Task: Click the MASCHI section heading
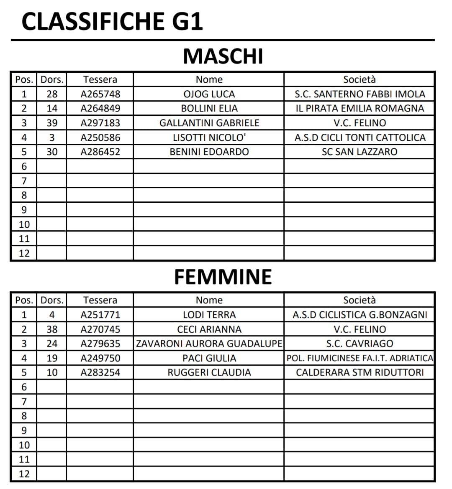(x=223, y=56)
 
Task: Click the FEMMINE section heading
(x=223, y=277)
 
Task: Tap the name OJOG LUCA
(x=209, y=94)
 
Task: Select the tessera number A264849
(x=100, y=108)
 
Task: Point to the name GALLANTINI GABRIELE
(x=209, y=123)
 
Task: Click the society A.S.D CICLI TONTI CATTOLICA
(x=360, y=138)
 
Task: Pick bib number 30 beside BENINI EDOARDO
(x=52, y=152)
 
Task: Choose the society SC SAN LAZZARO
(x=360, y=152)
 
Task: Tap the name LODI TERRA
(x=209, y=315)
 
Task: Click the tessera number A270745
(x=100, y=329)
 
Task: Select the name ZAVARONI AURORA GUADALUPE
(x=209, y=344)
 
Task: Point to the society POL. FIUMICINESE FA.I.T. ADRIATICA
(x=360, y=358)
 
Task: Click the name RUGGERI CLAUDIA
(x=209, y=372)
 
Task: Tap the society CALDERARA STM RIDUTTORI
(x=360, y=372)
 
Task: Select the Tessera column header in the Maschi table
(x=100, y=79)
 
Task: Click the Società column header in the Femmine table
(x=360, y=300)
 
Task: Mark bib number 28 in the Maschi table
(x=52, y=94)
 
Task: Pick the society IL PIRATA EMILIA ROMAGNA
(x=360, y=108)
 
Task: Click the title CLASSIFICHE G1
(x=112, y=22)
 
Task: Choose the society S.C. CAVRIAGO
(x=360, y=344)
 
